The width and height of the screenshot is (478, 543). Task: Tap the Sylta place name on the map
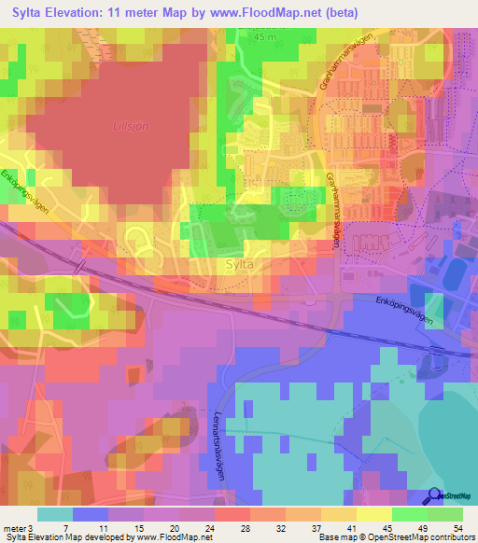241,264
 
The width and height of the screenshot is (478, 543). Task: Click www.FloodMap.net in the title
284,11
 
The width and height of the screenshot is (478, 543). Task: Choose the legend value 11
109,527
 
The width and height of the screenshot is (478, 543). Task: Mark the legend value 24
218,527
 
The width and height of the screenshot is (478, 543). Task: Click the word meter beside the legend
14,527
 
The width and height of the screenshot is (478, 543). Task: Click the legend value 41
358,527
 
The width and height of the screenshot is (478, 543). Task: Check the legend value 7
74,527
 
